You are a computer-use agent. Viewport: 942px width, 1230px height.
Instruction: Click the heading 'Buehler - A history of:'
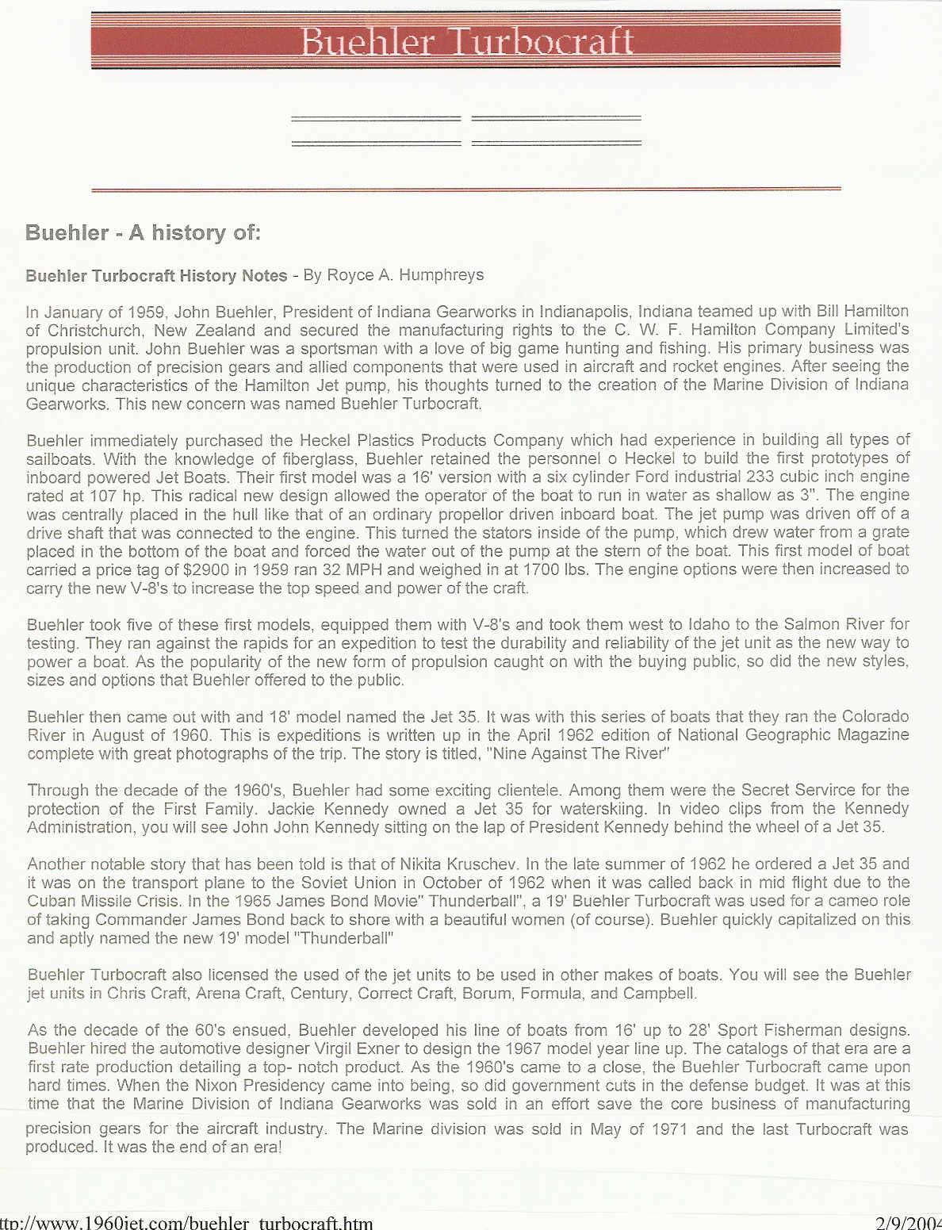pyautogui.click(x=143, y=232)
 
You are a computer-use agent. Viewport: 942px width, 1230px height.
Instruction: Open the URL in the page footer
pyautogui.click(x=187, y=1222)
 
